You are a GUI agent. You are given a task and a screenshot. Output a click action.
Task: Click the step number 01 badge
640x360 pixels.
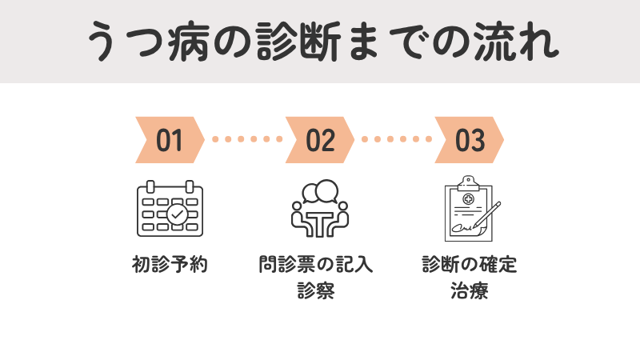point(170,140)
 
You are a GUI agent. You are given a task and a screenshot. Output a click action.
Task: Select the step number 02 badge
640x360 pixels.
point(319,140)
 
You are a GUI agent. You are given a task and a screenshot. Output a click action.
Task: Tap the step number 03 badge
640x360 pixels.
point(470,140)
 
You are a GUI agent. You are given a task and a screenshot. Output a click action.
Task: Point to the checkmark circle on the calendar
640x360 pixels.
point(177,214)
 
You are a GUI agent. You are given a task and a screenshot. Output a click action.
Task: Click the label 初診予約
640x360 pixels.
point(170,265)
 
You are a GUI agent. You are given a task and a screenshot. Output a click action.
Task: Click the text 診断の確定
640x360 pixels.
point(470,265)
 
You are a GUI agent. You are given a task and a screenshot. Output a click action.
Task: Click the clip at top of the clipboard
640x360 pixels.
point(467,181)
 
